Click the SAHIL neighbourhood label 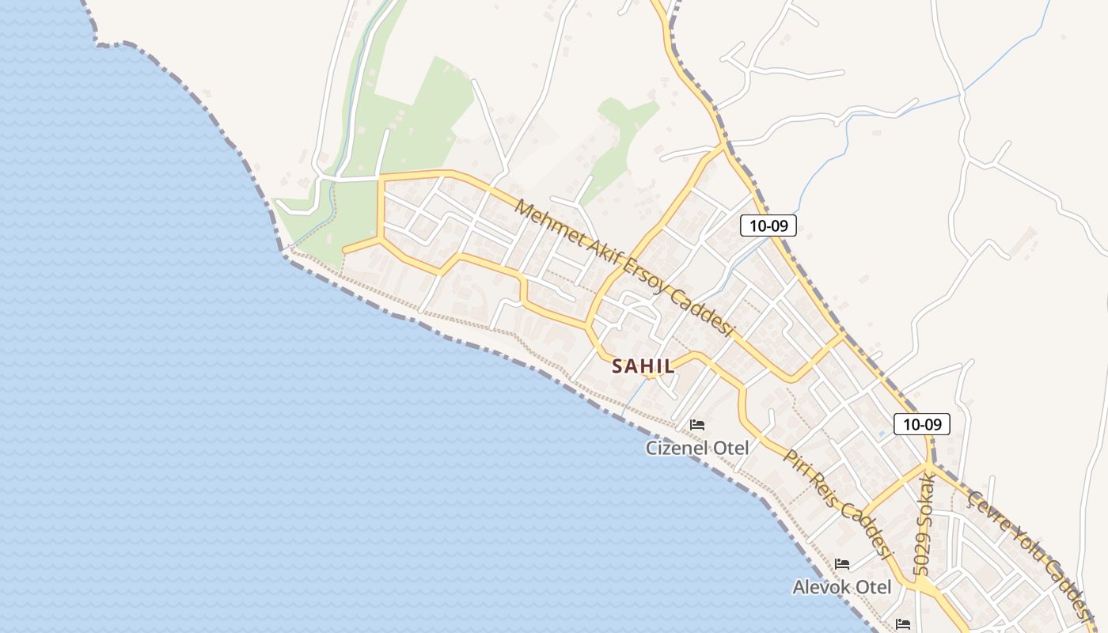[x=643, y=366]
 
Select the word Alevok [x=821, y=587]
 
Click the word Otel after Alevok [x=872, y=587]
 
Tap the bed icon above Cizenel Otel [x=697, y=425]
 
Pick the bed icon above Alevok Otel [x=842, y=564]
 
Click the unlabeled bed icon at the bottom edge [x=903, y=624]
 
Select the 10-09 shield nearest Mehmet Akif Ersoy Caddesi [x=768, y=226]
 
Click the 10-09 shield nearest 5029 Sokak [x=922, y=424]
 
